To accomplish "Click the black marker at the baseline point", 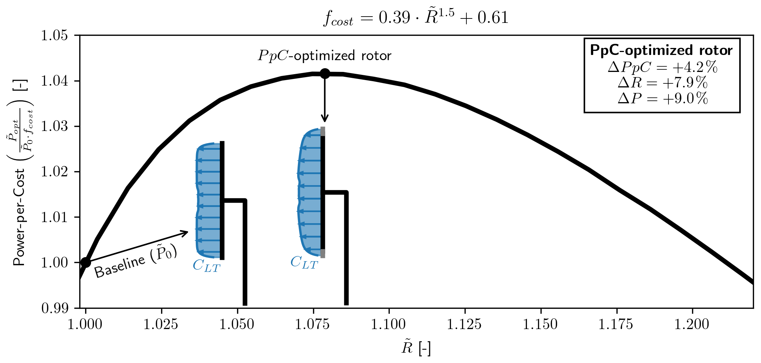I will [x=86, y=262].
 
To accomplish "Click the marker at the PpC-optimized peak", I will [x=324, y=73].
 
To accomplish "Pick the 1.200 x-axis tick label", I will [x=692, y=325].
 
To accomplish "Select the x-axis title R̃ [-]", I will [x=416, y=348].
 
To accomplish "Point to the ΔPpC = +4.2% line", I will [x=662, y=68].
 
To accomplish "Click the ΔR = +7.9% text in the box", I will [x=662, y=83].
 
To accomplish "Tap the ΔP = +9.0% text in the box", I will [x=662, y=98].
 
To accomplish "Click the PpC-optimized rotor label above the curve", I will [x=324, y=56].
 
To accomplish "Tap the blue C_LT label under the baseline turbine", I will [x=206, y=266].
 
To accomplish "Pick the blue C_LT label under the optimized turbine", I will [x=304, y=263].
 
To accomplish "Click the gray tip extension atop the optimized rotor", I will [x=323, y=131].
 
